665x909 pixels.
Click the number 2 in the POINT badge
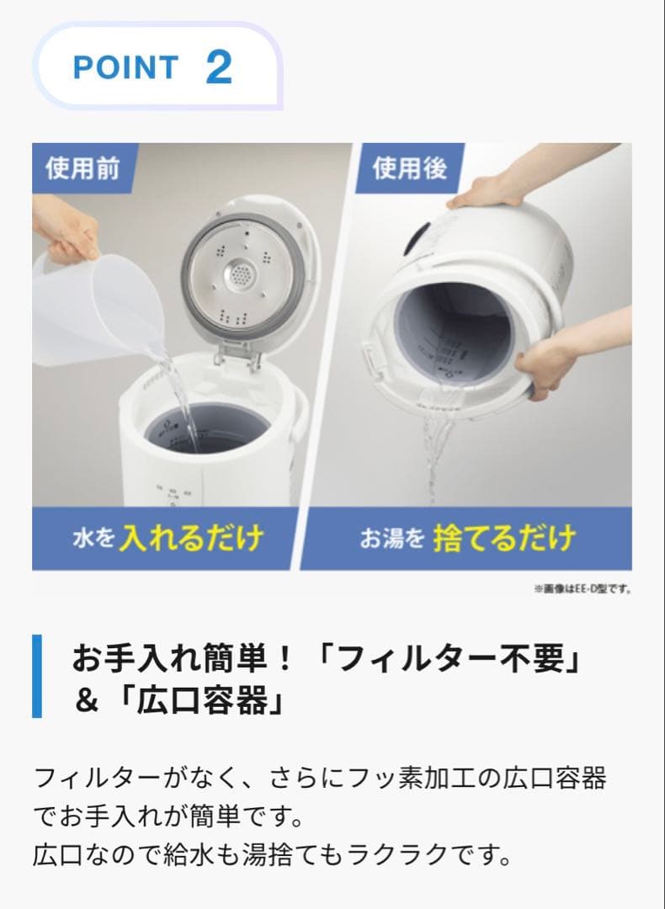[x=218, y=67]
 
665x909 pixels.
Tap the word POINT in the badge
[x=125, y=68]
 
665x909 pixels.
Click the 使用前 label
[x=82, y=168]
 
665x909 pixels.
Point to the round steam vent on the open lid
[x=242, y=273]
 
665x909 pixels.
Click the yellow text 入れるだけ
[x=192, y=538]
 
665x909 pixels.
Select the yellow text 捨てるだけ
[x=504, y=538]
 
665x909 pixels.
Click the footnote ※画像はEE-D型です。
[x=582, y=589]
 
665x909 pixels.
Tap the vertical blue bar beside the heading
[x=36, y=677]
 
